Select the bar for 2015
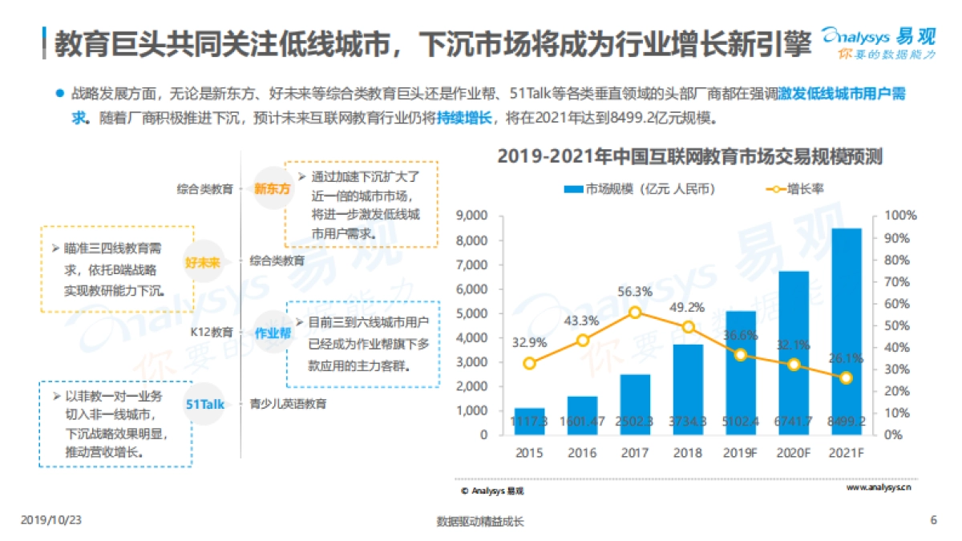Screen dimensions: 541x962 pos(529,422)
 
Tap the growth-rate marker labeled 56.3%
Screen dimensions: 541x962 pos(635,313)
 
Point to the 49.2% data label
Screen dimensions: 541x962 pos(688,307)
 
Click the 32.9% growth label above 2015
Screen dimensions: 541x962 pos(529,342)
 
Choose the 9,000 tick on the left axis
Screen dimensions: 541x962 pos(471,216)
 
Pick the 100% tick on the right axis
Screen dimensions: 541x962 pos(900,216)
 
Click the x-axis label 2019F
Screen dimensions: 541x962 pos(740,453)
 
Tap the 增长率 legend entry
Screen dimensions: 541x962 pos(794,189)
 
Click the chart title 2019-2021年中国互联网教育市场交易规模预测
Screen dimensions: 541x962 pos(689,156)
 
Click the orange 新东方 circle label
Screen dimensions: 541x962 pos(272,189)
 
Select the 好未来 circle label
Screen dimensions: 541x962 pos(202,261)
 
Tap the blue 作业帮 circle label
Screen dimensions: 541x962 pos(272,333)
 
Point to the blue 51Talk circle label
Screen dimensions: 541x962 pos(205,404)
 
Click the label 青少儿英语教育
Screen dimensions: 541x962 pos(288,404)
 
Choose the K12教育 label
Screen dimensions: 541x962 pos(212,332)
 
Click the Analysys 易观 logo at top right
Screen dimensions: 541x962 pos(878,40)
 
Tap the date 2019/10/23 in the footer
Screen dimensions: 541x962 pos(51,520)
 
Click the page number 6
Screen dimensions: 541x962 pos(933,520)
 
